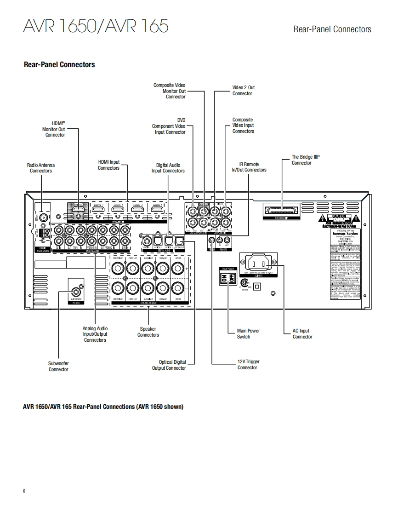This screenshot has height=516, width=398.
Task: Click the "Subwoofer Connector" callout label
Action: click(x=58, y=366)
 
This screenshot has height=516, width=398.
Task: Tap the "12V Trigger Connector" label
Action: click(x=248, y=364)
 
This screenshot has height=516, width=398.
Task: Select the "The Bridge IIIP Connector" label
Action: click(x=305, y=160)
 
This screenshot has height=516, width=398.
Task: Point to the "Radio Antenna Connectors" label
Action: click(x=40, y=168)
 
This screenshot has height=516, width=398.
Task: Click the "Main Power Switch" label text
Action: click(x=248, y=333)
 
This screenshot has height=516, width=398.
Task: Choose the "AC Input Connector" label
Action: click(x=302, y=333)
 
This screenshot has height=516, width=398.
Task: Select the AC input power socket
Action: click(x=258, y=263)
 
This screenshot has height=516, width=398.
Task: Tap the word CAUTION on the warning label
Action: click(x=339, y=216)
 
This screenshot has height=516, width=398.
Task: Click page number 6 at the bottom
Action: click(x=24, y=491)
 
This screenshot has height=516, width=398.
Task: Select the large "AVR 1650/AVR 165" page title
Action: click(x=95, y=26)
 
